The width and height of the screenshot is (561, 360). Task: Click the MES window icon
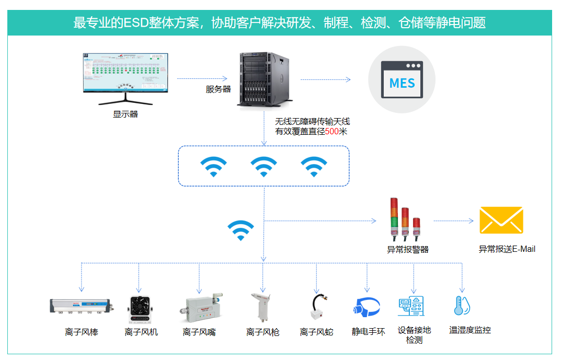pyautogui.click(x=402, y=79)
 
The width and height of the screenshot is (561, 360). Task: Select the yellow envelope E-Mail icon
pyautogui.click(x=501, y=220)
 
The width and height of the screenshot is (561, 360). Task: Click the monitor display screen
pyautogui.click(x=125, y=72)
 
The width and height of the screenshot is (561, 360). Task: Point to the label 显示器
pyautogui.click(x=125, y=114)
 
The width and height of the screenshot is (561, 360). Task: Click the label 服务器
pyautogui.click(x=218, y=89)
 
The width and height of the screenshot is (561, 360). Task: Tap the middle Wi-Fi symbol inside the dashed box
pyautogui.click(x=264, y=167)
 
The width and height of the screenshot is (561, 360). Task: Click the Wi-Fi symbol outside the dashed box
pyautogui.click(x=241, y=230)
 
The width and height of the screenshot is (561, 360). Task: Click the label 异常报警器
pyautogui.click(x=408, y=249)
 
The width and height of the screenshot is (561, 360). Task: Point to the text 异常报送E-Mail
pyautogui.click(x=507, y=249)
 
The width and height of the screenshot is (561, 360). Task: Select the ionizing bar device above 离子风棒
pyautogui.click(x=82, y=306)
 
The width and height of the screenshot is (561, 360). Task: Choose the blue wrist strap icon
pyautogui.click(x=368, y=307)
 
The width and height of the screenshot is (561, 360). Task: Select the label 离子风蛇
pyautogui.click(x=316, y=332)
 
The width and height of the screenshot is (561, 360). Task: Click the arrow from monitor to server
pyautogui.click(x=202, y=78)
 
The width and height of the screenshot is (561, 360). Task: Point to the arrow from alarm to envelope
pyautogui.click(x=453, y=220)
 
